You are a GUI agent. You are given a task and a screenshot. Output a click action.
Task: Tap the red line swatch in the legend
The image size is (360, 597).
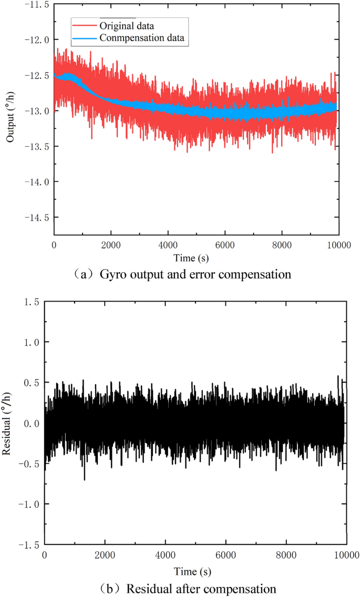tap(84, 25)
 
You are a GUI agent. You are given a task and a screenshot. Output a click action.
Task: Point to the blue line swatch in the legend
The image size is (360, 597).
tap(84, 38)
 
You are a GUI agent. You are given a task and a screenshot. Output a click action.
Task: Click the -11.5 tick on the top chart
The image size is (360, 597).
tap(36, 4)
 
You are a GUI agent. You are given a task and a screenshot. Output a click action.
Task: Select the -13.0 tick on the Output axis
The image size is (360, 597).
tap(36, 111)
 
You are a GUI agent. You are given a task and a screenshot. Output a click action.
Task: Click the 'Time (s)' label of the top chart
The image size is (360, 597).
tap(196, 258)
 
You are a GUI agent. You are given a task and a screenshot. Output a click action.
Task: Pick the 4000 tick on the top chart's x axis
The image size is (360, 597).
tap(168, 244)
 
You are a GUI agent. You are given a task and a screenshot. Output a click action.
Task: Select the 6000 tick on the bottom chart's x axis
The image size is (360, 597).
tap(225, 556)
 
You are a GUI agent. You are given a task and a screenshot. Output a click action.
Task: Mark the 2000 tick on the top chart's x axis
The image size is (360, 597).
tap(110, 244)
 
